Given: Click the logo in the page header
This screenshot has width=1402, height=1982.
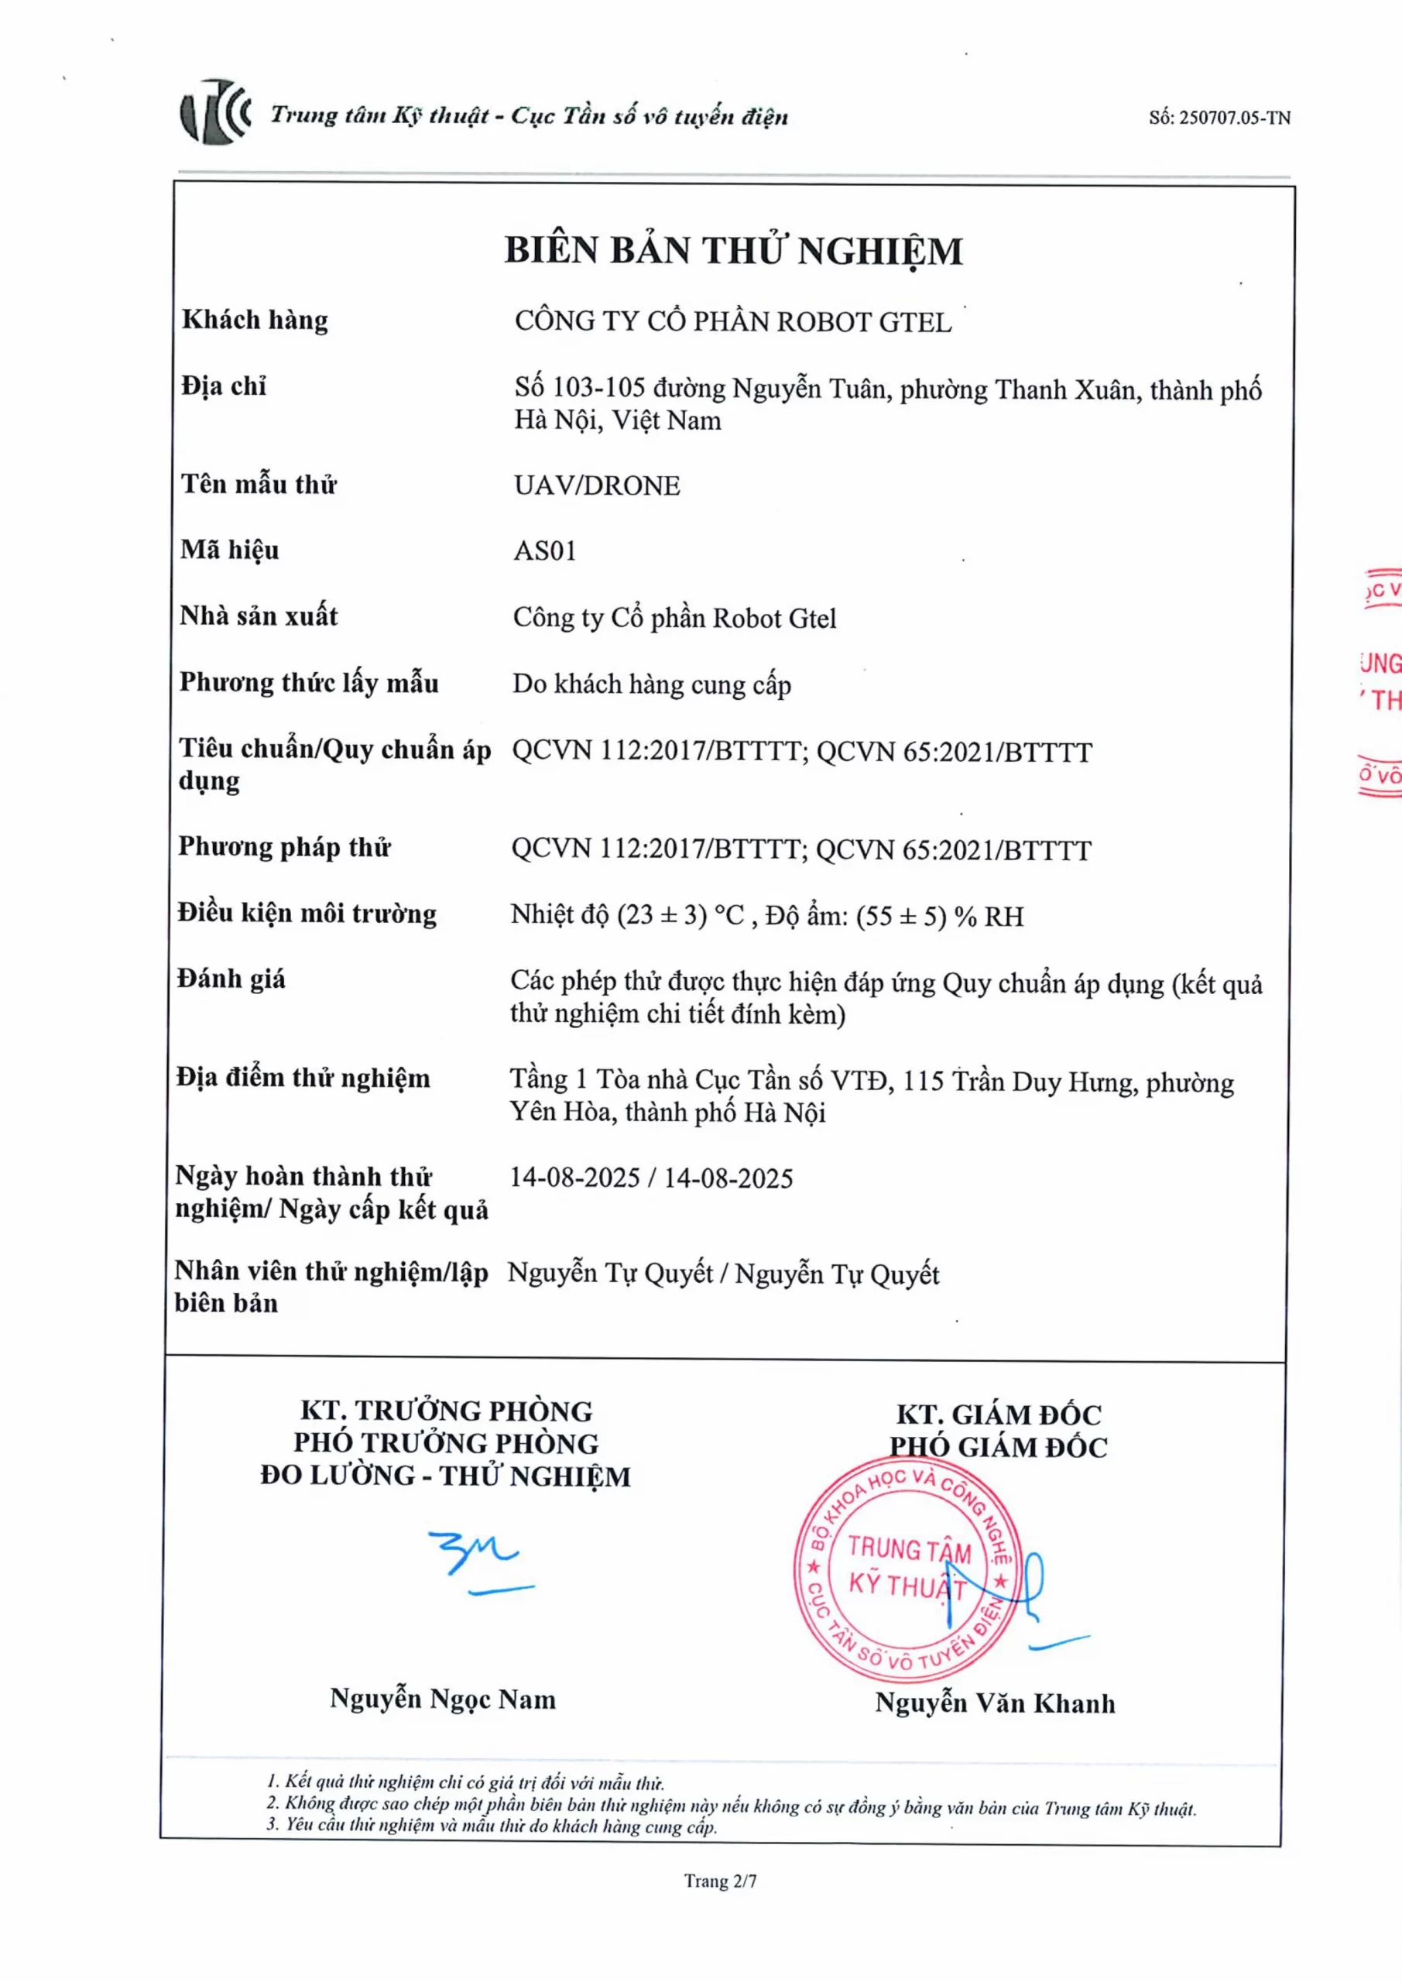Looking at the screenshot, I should [x=215, y=112].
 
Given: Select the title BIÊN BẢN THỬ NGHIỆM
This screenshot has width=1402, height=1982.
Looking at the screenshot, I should [x=733, y=250].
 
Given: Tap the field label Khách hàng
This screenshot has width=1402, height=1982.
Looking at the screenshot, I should [x=255, y=321].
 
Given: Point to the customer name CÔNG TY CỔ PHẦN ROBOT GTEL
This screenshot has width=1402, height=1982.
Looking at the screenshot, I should [x=733, y=322].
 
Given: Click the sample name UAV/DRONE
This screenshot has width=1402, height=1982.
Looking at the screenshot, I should [x=597, y=486].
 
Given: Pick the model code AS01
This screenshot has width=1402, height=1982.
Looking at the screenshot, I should [x=545, y=550].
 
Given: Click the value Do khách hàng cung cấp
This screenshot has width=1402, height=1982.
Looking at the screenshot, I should [x=652, y=684].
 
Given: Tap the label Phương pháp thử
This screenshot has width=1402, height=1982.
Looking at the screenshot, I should [x=284, y=847].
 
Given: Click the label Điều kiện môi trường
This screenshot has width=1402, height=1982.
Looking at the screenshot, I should [x=307, y=914].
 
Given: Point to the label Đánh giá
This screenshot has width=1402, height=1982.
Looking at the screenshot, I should [x=231, y=979].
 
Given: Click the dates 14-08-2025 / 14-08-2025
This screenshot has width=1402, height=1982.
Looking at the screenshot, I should [x=651, y=1178].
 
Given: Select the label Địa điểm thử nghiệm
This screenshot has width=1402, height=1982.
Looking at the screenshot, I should [x=302, y=1078].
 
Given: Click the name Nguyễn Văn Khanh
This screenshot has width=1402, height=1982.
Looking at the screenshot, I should [x=995, y=1703].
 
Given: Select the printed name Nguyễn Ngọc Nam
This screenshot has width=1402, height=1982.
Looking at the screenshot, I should [x=442, y=1699].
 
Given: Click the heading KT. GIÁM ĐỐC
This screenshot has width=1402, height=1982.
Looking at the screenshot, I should [x=998, y=1414].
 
